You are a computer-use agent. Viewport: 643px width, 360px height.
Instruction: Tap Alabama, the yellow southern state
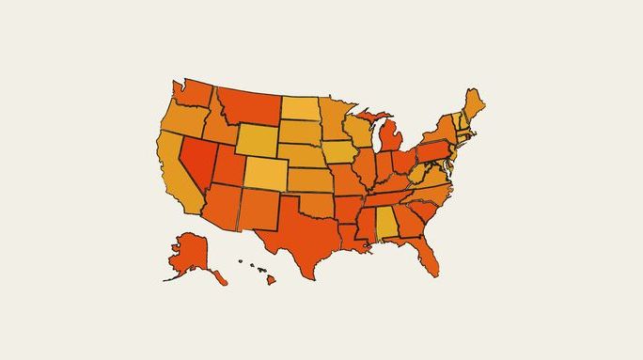tap(386, 226)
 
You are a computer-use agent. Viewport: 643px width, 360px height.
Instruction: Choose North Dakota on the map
tap(300, 108)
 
